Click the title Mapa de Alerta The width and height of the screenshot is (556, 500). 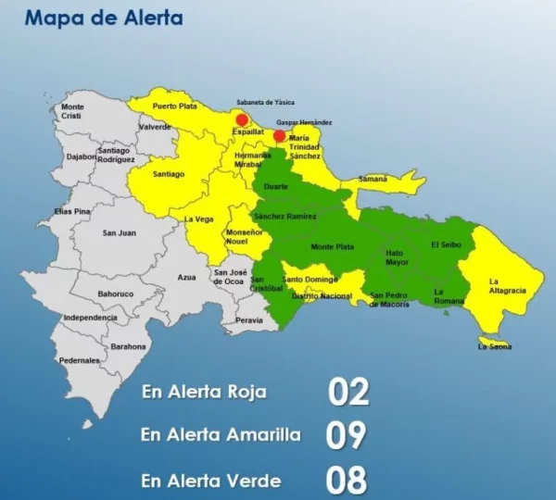coord(103,18)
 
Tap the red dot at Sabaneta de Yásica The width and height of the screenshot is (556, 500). coord(242,119)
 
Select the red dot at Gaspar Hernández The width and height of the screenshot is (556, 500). coord(280,136)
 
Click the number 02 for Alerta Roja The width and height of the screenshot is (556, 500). coord(348,392)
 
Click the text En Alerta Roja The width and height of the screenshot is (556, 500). coord(204,392)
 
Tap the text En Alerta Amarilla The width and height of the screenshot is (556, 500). coord(221,434)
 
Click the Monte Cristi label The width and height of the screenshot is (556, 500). coord(72,111)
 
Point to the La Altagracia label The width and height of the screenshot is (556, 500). coord(508,285)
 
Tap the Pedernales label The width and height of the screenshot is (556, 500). coord(79,360)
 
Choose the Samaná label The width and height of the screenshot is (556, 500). coord(373,178)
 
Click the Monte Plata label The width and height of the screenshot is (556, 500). coord(331,246)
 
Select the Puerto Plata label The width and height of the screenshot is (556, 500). coord(175,106)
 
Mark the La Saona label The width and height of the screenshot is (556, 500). coord(494,346)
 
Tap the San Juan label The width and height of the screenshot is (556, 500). coord(120,232)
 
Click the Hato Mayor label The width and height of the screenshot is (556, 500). coord(397,256)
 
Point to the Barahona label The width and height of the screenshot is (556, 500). coord(128,346)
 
